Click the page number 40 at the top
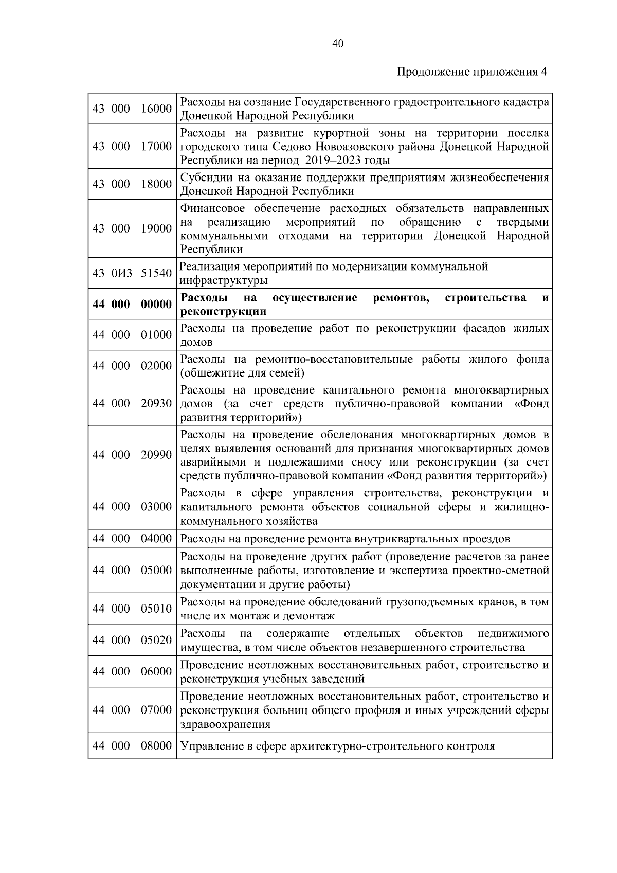(338, 44)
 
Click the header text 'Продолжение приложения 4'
(472, 72)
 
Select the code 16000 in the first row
(156, 109)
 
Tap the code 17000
(156, 147)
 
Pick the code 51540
(156, 273)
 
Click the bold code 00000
(156, 304)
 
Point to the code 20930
(156, 403)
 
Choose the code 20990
(156, 455)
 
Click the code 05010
(156, 609)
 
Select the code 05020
(156, 640)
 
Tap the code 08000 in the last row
(156, 745)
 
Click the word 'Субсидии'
(205, 178)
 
